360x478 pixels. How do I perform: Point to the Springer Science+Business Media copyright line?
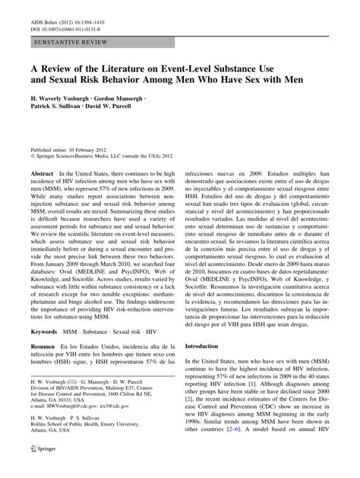(103, 158)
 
